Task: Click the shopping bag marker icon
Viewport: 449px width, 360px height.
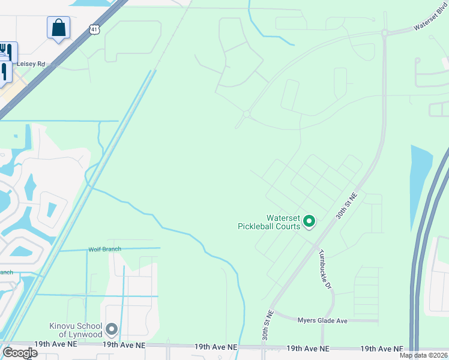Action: pos(58,27)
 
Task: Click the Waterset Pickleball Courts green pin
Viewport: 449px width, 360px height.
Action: pos(309,221)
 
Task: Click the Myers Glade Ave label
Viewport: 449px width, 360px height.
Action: pos(322,321)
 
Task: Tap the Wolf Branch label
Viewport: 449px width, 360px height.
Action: pos(104,249)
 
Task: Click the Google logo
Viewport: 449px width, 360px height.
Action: pos(20,353)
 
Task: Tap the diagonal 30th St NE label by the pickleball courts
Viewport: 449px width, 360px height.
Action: pos(346,205)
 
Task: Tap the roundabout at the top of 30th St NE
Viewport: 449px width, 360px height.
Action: pos(384,33)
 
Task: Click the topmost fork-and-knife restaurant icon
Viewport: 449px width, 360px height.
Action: pos(7,50)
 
